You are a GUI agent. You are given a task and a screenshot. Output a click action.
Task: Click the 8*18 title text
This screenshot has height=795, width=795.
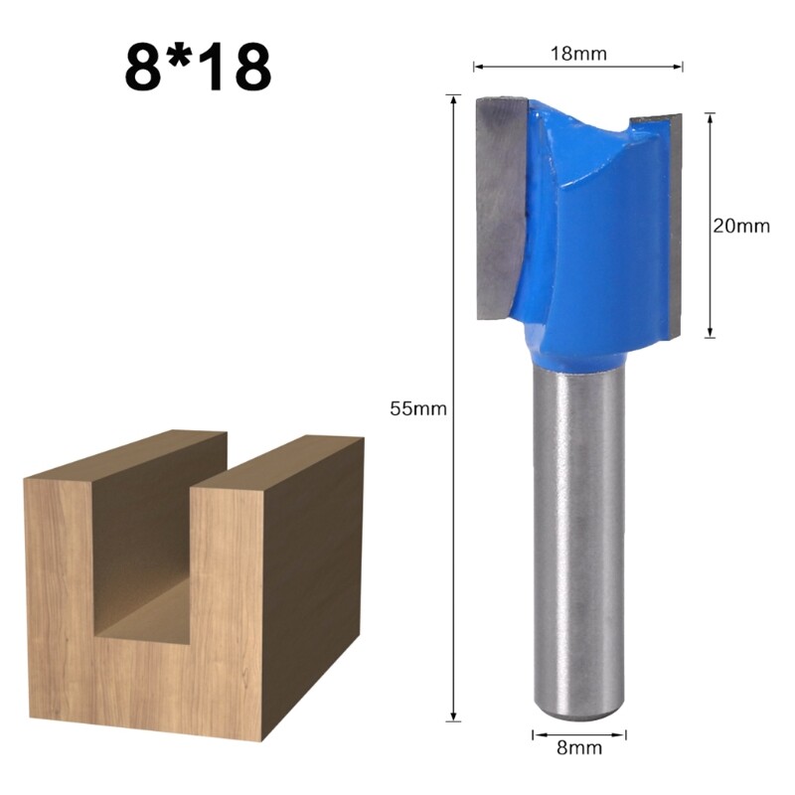198,66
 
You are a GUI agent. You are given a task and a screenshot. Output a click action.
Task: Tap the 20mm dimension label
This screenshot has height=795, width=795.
741,226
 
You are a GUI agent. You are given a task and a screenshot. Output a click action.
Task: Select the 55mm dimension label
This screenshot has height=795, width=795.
419,407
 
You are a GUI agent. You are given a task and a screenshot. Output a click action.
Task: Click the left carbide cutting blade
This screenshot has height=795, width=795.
500,209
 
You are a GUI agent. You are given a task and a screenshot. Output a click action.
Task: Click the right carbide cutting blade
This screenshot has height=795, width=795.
674,219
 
